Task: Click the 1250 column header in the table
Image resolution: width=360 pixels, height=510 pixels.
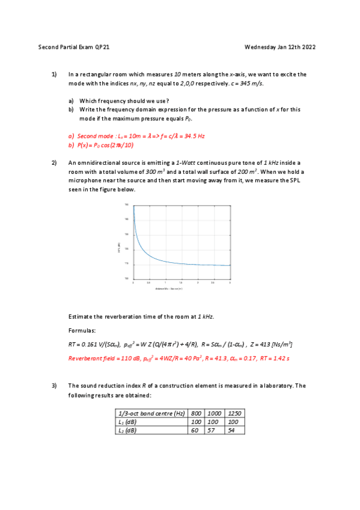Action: click(234, 414)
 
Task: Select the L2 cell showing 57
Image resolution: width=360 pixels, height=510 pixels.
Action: click(213, 430)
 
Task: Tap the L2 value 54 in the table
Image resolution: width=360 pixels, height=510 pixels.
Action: click(234, 430)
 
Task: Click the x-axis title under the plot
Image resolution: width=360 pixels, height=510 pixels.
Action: click(169, 289)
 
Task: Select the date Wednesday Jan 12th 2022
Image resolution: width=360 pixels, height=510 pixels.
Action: click(280, 46)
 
